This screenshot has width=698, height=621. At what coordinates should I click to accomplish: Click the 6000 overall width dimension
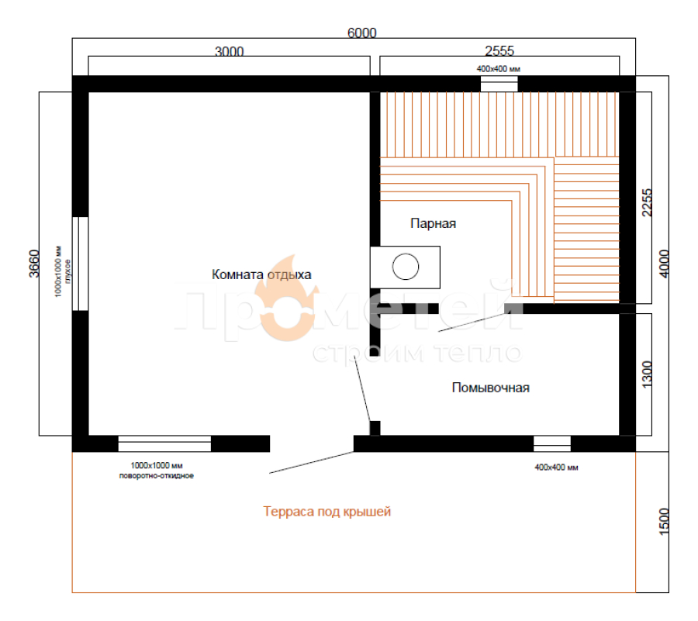(361, 33)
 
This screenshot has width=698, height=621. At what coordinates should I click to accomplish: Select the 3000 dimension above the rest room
(230, 52)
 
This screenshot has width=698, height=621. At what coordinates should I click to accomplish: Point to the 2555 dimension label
(499, 50)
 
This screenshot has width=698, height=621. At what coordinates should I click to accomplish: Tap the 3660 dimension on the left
(34, 264)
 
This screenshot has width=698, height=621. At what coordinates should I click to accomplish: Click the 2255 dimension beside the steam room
(647, 203)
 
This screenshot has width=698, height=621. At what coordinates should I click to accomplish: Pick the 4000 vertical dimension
(664, 264)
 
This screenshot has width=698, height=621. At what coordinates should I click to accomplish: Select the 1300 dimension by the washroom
(647, 374)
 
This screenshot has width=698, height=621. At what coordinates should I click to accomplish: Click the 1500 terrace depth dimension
(664, 521)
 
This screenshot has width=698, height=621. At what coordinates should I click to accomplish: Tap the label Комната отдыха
(261, 274)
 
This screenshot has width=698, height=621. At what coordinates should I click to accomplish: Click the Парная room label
(433, 223)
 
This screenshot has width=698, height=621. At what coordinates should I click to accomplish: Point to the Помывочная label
(491, 388)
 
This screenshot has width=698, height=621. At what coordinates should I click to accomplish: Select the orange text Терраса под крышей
(327, 512)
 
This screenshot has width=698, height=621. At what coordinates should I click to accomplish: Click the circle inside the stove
(406, 267)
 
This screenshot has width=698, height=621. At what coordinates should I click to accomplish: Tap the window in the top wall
(499, 84)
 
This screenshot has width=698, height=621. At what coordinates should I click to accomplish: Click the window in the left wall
(80, 264)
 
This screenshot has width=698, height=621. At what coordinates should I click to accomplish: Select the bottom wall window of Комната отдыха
(164, 443)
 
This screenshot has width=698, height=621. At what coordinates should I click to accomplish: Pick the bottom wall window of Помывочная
(552, 443)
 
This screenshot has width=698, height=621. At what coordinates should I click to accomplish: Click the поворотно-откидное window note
(156, 476)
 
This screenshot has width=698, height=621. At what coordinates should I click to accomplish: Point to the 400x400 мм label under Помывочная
(556, 467)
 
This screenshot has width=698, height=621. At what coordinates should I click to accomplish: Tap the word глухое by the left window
(67, 271)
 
